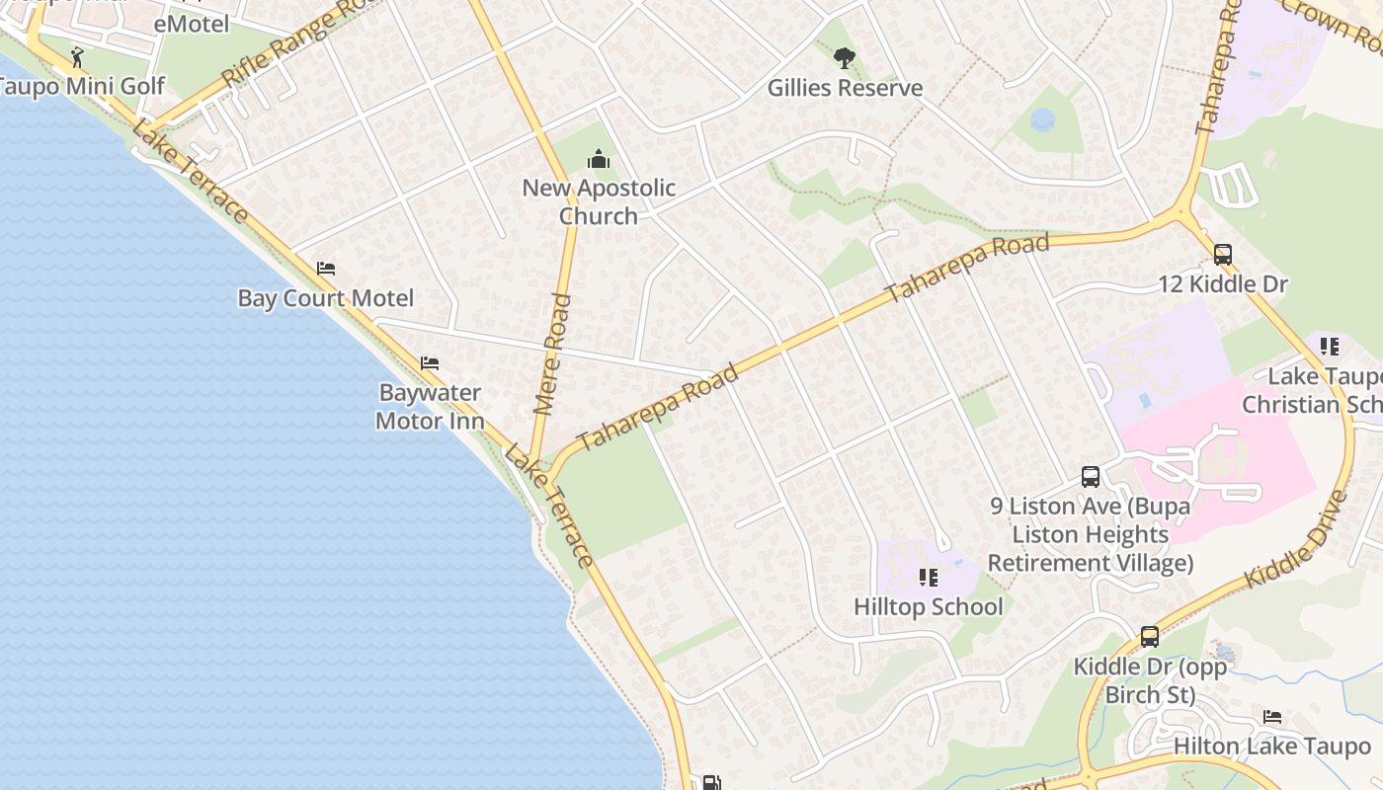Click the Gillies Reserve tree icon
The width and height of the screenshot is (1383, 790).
tap(844, 59)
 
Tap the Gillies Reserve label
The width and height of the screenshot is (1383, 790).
tap(845, 88)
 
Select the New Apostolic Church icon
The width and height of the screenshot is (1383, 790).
tap(598, 160)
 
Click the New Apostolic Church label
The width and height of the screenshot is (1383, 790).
tap(599, 201)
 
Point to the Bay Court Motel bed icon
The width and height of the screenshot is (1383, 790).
tap(326, 269)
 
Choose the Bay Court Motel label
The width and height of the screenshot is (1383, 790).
tap(326, 298)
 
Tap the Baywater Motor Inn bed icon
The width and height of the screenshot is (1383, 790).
tap(429, 363)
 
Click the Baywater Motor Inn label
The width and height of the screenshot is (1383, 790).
tap(430, 407)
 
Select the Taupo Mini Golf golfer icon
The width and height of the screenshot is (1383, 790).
tap(77, 57)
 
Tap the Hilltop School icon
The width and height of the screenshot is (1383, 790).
tap(928, 577)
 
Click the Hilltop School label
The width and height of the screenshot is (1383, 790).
tap(928, 606)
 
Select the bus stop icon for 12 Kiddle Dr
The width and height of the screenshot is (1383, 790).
tap(1223, 255)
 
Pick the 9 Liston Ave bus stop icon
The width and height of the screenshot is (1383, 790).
tap(1091, 477)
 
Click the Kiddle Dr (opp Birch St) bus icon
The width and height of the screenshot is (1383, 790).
tap(1150, 637)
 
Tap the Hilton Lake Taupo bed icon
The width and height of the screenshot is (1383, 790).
tap(1272, 717)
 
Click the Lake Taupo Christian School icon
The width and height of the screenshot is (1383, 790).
tap(1330, 347)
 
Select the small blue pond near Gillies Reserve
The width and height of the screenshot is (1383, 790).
tap(1042, 120)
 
